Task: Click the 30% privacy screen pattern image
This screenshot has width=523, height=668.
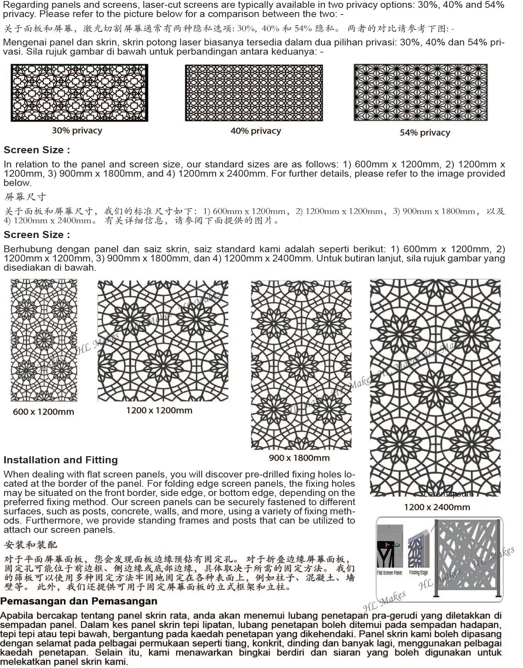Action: click(x=79, y=93)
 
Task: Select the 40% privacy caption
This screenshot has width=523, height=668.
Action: click(x=256, y=131)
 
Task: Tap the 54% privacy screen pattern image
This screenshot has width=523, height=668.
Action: click(x=420, y=93)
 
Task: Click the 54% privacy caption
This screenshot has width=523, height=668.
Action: click(x=425, y=133)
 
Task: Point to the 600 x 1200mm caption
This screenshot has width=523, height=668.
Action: click(x=43, y=412)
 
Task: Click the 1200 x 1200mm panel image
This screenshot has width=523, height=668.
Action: click(x=163, y=341)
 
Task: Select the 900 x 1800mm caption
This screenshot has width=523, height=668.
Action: click(x=299, y=458)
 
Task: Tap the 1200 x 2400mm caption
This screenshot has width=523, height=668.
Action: click(x=437, y=507)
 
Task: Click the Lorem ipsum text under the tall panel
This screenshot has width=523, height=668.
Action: click(x=448, y=494)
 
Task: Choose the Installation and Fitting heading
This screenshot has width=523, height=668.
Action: click(x=61, y=460)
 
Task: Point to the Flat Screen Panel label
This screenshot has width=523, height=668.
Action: click(x=389, y=573)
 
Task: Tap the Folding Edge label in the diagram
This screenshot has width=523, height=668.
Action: click(x=418, y=573)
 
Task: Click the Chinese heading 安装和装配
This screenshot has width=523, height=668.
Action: click(x=31, y=545)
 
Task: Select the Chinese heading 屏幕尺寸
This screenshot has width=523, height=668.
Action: click(x=25, y=197)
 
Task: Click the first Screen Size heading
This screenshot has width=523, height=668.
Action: click(x=37, y=150)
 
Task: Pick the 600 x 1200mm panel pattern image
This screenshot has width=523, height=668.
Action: click(x=44, y=340)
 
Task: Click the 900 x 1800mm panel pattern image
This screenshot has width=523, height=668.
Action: click(x=301, y=365)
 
